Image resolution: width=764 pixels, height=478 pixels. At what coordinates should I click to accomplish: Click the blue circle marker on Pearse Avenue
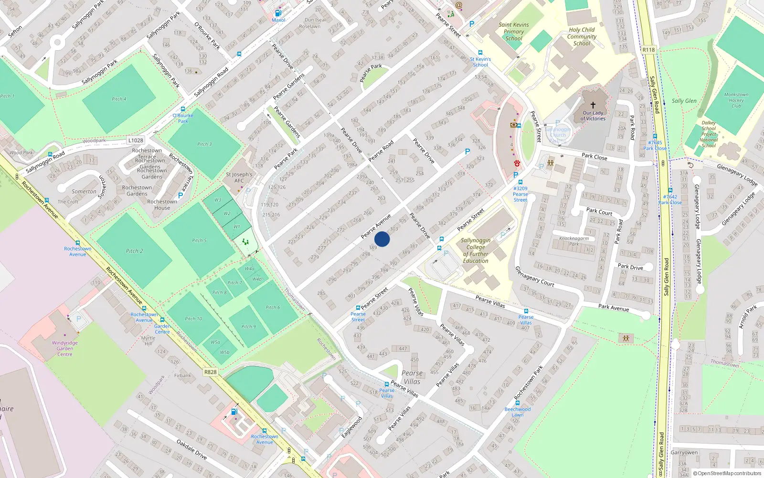[382, 239]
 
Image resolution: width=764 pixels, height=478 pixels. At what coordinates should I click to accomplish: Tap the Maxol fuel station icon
[278, 13]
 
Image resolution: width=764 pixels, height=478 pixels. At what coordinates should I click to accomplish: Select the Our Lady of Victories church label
[593, 116]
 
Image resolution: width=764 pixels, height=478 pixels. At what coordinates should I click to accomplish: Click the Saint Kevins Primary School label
[514, 32]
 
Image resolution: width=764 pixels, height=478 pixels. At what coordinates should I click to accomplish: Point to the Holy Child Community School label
[582, 36]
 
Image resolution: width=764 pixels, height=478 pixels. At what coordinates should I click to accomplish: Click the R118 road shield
[648, 50]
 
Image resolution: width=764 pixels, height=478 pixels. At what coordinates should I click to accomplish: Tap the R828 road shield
[210, 372]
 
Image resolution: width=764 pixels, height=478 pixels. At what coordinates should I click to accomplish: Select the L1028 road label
[136, 140]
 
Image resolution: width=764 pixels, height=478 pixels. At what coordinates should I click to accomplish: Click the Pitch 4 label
[119, 99]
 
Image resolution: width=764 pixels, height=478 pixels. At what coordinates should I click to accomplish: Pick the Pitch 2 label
[134, 250]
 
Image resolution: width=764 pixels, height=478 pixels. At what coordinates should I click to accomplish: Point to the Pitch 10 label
[193, 318]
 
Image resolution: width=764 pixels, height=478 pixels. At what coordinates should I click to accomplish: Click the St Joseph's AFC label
[239, 177]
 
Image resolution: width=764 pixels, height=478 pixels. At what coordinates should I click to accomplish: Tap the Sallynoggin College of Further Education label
[476, 250]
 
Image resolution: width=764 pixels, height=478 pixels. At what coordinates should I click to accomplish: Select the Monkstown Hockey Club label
[736, 100]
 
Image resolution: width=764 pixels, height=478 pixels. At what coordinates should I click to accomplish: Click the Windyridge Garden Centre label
[65, 348]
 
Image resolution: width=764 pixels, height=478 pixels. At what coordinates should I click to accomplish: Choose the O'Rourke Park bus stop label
[183, 118]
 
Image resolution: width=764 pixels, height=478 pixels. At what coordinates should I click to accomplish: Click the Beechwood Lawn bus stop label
[518, 412]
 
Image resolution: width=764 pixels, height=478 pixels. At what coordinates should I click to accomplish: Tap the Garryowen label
[684, 452]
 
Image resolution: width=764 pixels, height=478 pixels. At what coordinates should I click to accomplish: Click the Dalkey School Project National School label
[709, 134]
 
